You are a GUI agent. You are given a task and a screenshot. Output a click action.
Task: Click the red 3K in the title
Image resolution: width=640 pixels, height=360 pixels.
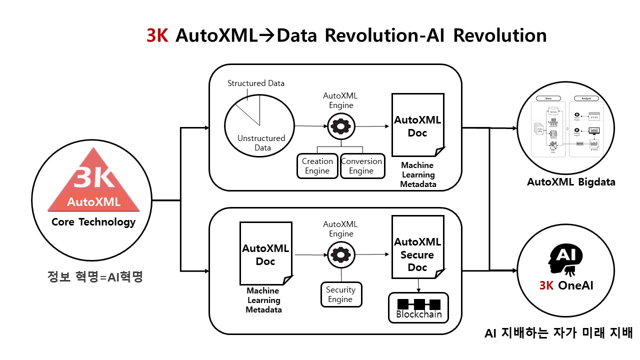[157, 36]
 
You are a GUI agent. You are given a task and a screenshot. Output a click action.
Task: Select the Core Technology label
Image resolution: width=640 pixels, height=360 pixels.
[93, 222]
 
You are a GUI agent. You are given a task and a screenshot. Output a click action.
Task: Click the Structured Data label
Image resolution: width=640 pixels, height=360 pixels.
[256, 83]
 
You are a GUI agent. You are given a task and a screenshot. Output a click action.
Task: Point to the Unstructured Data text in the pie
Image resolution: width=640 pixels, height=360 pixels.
[261, 142]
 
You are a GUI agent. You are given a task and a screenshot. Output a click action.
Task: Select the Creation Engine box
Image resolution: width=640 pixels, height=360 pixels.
[317, 166]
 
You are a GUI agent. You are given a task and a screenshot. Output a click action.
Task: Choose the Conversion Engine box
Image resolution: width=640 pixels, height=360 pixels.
[361, 166]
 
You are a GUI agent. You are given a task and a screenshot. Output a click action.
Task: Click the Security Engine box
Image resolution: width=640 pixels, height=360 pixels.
[340, 294]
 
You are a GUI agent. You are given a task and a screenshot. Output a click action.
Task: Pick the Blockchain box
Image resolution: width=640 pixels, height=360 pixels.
[418, 308]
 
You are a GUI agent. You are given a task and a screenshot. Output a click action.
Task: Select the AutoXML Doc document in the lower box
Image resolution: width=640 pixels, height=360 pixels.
[265, 254]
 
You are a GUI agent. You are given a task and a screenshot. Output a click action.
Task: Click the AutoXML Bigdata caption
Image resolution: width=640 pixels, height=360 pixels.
[571, 182]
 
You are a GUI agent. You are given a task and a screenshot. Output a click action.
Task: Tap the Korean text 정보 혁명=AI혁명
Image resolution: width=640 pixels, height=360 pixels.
[93, 276]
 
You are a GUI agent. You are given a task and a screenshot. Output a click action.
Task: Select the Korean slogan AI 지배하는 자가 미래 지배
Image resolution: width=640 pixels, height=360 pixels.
[559, 333]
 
